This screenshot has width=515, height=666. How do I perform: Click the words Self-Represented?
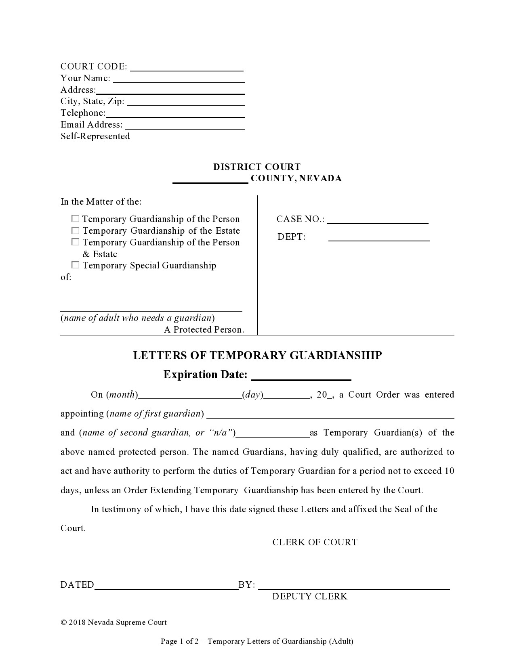tap(95, 136)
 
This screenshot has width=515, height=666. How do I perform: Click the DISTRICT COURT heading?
tap(257, 167)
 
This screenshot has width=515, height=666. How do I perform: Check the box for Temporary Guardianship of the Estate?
tap(75, 230)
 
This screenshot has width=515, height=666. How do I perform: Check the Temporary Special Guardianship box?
tap(75, 265)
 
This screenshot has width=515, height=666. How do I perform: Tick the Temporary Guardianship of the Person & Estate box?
tap(75, 242)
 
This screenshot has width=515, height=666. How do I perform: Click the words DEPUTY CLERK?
tap(309, 597)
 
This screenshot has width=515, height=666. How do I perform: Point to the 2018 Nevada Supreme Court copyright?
tap(114, 622)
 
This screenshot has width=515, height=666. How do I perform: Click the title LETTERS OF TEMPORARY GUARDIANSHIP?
tap(257, 355)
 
